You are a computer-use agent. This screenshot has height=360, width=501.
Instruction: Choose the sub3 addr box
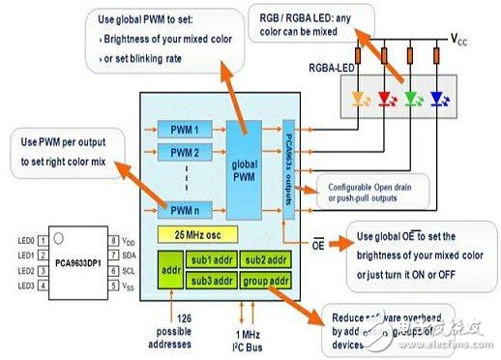click(210, 281)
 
